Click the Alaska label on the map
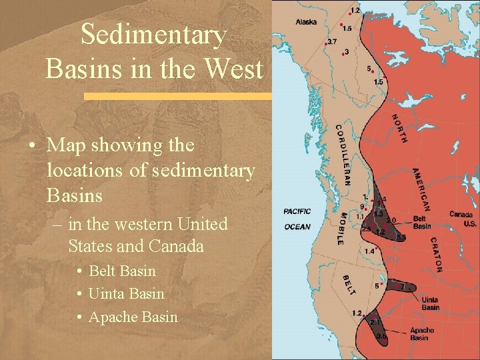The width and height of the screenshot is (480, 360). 307,21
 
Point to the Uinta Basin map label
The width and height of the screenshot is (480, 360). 430,303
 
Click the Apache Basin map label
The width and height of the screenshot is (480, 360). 421,334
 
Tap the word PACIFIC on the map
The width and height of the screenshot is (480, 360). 297,212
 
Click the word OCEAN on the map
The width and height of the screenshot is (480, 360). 297,227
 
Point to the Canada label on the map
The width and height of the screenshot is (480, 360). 461,215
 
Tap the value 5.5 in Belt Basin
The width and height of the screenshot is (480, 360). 401,237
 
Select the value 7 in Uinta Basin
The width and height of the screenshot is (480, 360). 402,286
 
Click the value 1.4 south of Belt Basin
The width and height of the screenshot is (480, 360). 369,251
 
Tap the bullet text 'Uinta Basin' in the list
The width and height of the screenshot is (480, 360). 126,294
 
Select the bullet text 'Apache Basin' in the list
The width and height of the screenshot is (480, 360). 133,317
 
